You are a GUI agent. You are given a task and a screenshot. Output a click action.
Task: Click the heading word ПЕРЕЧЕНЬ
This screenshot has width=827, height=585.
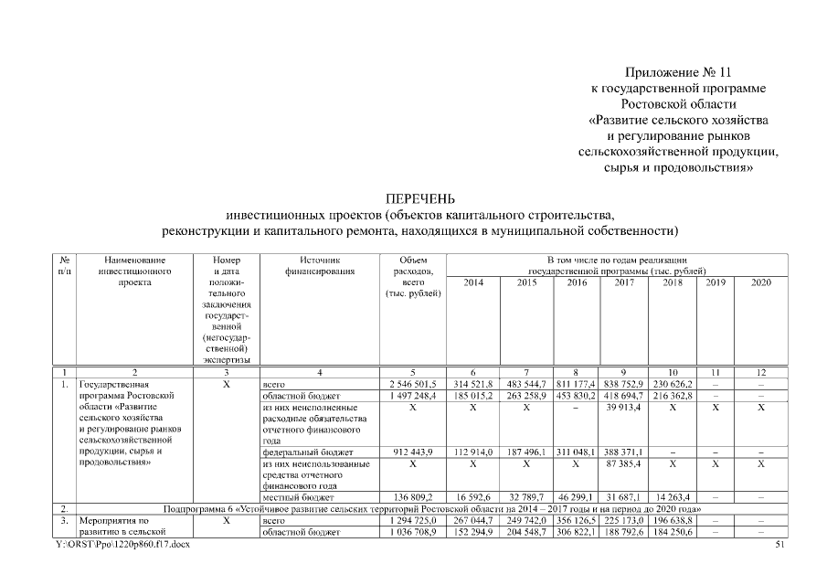419,198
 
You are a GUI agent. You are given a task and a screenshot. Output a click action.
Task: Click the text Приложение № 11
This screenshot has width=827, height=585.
679,71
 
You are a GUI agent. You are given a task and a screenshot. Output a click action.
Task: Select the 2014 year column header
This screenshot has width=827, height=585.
474,283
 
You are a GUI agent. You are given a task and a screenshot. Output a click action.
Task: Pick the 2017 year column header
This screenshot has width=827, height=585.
625,283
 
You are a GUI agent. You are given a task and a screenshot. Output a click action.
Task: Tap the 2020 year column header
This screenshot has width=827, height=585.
760,283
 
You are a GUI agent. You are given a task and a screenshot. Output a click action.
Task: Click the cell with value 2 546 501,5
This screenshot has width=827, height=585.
413,385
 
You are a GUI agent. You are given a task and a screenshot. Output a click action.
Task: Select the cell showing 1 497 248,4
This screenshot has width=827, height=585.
413,397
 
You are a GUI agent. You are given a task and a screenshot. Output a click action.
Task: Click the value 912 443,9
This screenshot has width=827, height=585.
413,451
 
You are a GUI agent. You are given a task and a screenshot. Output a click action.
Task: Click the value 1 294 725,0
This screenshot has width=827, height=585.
413,520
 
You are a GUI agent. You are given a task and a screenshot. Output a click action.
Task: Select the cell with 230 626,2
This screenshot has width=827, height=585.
676,385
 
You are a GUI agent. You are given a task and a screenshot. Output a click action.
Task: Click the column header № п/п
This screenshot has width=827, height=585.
65,265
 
